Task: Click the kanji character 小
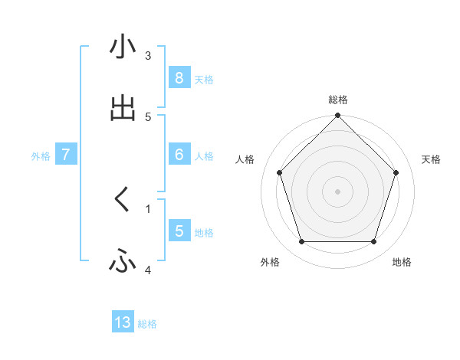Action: [123, 48]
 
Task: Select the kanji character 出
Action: [123, 109]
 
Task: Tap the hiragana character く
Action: [123, 201]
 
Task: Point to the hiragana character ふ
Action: [123, 262]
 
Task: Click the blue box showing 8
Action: [179, 78]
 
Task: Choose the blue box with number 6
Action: [179, 155]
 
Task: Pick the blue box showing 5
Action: [179, 231]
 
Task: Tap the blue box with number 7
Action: [66, 155]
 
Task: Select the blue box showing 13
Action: [123, 322]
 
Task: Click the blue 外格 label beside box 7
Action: [41, 155]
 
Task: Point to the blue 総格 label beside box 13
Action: [147, 324]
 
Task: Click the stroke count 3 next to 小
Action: [148, 56]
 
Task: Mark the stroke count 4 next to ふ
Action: [148, 270]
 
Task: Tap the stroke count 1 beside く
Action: [148, 208]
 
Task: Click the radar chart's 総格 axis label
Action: [338, 100]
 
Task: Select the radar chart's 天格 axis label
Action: [431, 159]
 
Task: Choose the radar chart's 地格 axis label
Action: [402, 262]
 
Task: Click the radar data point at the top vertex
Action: [338, 116]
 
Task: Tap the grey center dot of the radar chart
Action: [338, 191]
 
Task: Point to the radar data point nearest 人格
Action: [280, 172]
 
